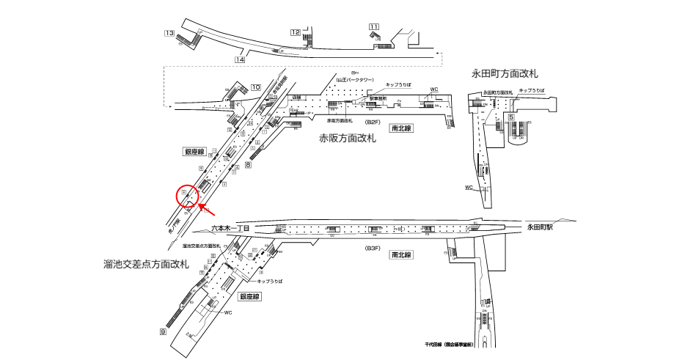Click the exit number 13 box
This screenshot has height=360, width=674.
click(169, 33)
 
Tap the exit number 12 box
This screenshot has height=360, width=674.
click(295, 32)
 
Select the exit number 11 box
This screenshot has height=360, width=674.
click(374, 28)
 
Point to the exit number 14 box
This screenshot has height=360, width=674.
click(240, 59)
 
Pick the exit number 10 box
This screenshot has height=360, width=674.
click(255, 88)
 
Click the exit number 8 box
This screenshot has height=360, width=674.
click(248, 165)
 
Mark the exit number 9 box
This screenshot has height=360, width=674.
click(162, 332)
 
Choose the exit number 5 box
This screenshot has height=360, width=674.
click(510, 117)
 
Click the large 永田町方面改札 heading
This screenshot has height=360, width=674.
click(505, 73)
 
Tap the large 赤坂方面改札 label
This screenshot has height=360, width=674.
click(348, 138)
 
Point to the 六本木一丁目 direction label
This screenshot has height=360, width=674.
click(231, 229)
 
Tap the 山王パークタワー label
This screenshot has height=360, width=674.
click(356, 79)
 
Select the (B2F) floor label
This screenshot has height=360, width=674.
click(373, 123)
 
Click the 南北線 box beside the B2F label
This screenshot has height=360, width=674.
click(403, 128)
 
